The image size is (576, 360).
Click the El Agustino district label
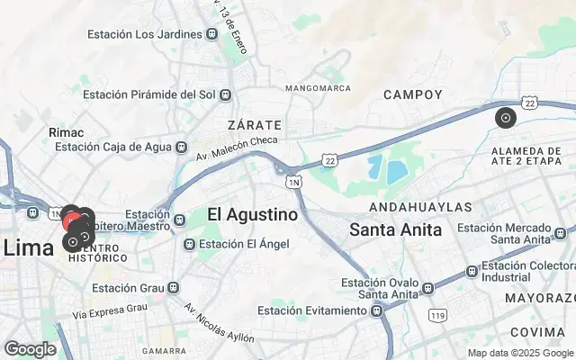click(252, 214)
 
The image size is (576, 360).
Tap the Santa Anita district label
click(396, 229)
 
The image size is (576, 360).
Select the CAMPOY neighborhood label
click(412, 94)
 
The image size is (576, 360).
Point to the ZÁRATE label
click(255, 124)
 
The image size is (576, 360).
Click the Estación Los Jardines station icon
click(212, 34)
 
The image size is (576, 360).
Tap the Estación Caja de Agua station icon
click(182, 147)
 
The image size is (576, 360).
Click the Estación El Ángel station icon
click(189, 244)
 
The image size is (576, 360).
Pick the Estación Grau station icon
click(174, 288)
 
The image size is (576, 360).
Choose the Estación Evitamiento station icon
click(375, 310)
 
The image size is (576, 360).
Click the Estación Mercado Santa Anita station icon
click(559, 231)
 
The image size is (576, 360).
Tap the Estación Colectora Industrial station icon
click(472, 271)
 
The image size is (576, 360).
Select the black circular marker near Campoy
click(506, 117)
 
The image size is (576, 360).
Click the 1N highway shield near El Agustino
click(294, 182)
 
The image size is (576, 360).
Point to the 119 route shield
click(438, 315)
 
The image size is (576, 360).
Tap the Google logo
click(30, 349)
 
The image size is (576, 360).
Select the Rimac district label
click(66, 132)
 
